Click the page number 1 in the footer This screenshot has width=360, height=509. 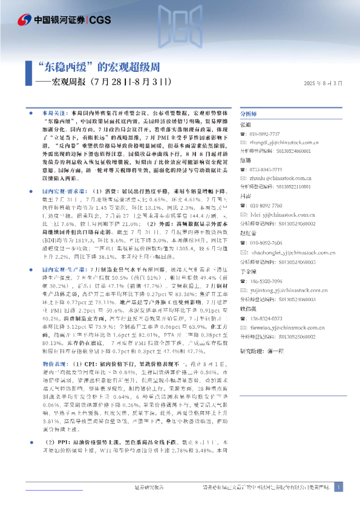click(339, 487)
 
